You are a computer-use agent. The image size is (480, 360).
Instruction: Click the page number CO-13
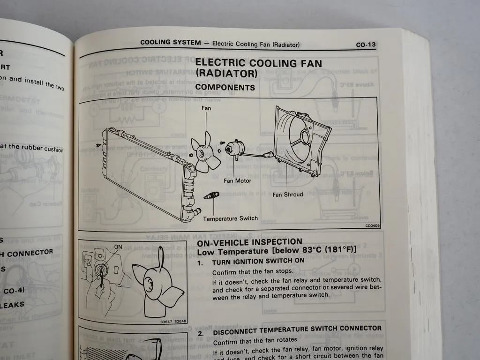point(366,45)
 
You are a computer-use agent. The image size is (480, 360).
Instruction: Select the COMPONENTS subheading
point(225,87)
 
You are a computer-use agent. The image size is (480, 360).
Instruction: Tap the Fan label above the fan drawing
point(207,108)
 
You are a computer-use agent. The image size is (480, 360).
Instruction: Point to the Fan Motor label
point(237,180)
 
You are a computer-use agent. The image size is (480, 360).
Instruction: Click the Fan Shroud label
point(287,194)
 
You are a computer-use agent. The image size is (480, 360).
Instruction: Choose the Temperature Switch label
point(230,218)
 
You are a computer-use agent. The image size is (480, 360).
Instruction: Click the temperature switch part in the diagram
point(211,195)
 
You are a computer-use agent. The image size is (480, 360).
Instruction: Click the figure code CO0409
point(372,226)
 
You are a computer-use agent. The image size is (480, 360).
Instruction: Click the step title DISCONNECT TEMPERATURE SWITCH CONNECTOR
point(297,330)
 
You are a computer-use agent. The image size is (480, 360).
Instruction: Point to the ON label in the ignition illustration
point(118,247)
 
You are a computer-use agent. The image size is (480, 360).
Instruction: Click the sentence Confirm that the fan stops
point(253,271)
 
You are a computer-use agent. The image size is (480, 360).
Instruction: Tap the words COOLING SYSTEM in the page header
point(171,43)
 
